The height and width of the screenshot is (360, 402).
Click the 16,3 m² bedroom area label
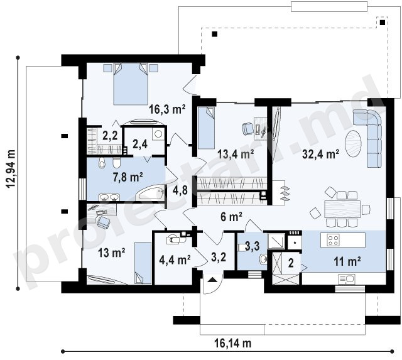pos(167,109)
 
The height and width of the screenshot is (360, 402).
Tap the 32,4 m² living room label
pos(321,154)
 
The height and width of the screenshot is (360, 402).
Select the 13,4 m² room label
pos(236,154)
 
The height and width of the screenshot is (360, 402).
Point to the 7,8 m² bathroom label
pos(128,177)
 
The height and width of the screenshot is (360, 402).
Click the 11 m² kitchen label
pos(347,261)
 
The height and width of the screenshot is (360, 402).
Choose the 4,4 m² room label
pos(175,260)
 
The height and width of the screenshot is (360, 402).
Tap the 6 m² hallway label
pos(231,217)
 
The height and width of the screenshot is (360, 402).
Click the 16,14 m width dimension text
pos(233,343)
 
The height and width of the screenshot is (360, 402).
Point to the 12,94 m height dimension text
pos(11,169)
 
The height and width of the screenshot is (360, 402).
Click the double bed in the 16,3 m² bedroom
pos(131,84)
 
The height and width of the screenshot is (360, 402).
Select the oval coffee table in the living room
pos(353,144)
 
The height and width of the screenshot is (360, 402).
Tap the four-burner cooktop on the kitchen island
pos(334,240)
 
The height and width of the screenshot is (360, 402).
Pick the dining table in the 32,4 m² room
pos(342,209)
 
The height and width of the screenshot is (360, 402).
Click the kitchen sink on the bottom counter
pos(347,279)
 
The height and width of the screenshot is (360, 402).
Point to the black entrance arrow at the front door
pos(212,280)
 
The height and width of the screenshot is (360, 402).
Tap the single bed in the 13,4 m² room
pos(206,128)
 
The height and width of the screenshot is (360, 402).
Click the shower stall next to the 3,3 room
pos(276,241)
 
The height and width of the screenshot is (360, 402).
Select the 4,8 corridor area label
pos(180,190)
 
